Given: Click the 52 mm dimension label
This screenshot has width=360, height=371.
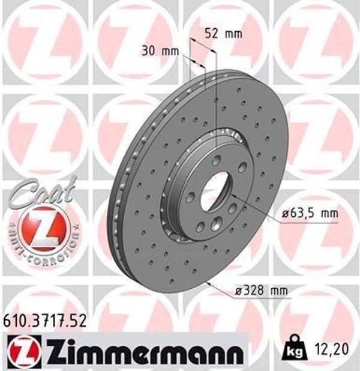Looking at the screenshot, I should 223,33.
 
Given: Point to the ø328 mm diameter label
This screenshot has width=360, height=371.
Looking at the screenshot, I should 262,292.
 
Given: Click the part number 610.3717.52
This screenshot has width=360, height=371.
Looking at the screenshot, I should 45,321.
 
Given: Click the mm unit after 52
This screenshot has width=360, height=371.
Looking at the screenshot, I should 233,33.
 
